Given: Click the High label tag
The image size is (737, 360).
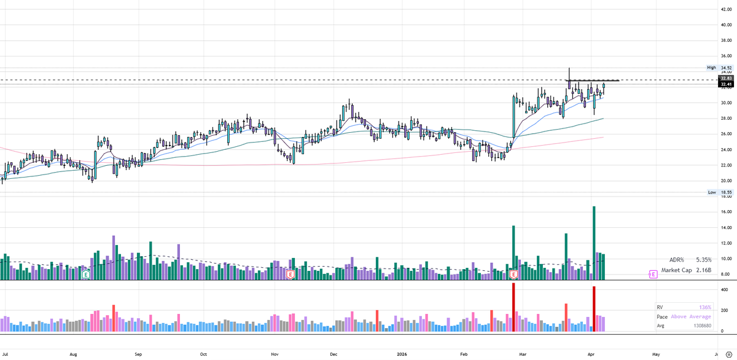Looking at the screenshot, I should coord(712,68).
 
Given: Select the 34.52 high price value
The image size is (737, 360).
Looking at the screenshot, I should coord(727,68).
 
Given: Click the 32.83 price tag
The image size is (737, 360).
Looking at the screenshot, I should coord(727,79).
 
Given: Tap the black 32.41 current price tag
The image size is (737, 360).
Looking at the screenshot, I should coord(727,84).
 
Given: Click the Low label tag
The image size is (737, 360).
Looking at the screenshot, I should coord(712,192).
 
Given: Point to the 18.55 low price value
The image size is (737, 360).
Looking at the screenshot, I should coord(727,192).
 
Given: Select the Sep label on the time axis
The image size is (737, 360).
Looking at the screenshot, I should coord(138,354).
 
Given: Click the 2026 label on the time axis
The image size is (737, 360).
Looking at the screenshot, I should coord(400,354).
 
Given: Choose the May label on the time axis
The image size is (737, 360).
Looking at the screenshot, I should coord(656,354).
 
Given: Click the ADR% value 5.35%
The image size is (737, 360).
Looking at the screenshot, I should coord(703,260).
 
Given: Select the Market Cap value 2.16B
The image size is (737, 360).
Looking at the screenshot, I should coord(703,270).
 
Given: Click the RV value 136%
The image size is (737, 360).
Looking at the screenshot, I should coord(704,307).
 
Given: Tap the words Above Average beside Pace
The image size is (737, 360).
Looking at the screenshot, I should coord(691,316).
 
